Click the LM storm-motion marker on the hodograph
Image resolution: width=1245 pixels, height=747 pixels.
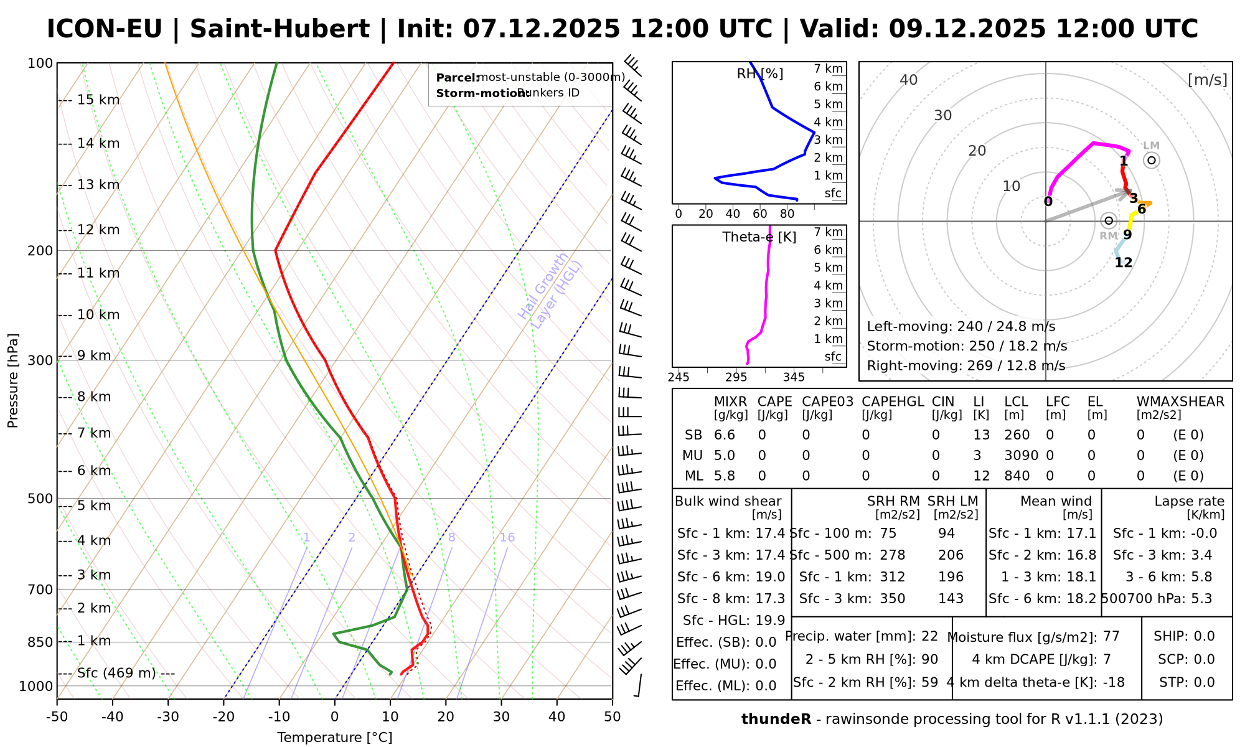point(1152,161)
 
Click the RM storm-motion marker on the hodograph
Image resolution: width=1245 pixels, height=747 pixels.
point(1109,221)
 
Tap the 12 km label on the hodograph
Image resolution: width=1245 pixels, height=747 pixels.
point(1123,263)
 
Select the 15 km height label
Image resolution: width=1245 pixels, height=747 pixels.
point(98,100)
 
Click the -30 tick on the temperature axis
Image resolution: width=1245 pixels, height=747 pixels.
point(168,717)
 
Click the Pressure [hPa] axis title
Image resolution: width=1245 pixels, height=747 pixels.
point(13,381)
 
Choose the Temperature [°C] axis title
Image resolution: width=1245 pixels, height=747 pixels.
point(335,738)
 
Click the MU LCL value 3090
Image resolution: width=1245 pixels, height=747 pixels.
point(1021,456)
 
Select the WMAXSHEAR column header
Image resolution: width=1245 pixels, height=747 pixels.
point(1180,402)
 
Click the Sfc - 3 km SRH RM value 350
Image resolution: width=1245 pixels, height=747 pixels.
point(892,599)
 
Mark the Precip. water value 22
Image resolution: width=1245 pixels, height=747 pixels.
point(929,636)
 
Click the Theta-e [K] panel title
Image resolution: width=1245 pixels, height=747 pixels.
point(759,237)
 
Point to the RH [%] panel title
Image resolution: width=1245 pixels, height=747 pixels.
point(760,74)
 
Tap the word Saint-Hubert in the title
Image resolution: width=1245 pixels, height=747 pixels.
point(280,29)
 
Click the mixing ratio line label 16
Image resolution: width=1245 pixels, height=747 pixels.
point(507,538)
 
